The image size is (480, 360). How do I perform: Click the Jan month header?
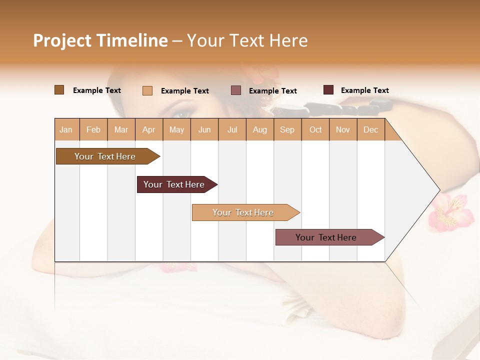[66, 129]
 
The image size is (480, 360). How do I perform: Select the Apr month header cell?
[148, 129]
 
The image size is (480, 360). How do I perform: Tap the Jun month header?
[204, 129]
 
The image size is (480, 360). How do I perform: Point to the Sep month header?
[287, 129]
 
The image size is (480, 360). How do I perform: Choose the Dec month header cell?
[370, 129]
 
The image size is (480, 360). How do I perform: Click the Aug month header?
[259, 129]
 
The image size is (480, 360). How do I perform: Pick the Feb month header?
[93, 129]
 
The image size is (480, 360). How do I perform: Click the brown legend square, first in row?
[59, 90]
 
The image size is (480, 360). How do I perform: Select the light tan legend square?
[147, 90]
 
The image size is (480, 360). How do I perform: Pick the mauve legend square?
[236, 90]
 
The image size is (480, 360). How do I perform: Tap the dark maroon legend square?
[328, 90]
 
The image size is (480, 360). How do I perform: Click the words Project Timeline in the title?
[100, 40]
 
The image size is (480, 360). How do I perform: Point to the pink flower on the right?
[451, 212]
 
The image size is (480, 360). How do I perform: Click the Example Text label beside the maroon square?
[364, 90]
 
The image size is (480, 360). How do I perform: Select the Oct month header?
[315, 129]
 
